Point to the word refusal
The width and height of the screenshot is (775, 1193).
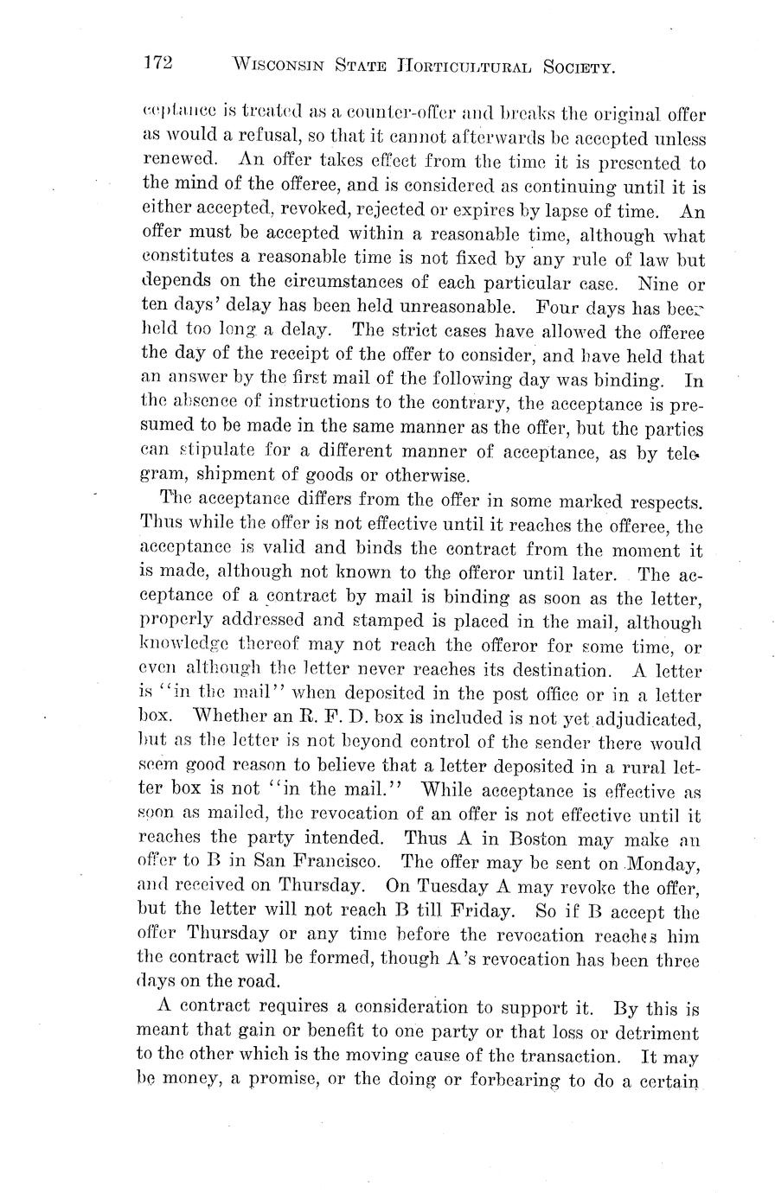[x=257, y=138]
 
